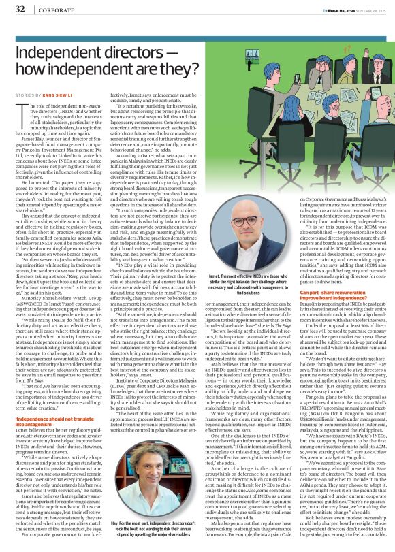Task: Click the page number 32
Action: tap(20, 9)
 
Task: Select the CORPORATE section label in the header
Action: tap(55, 10)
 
